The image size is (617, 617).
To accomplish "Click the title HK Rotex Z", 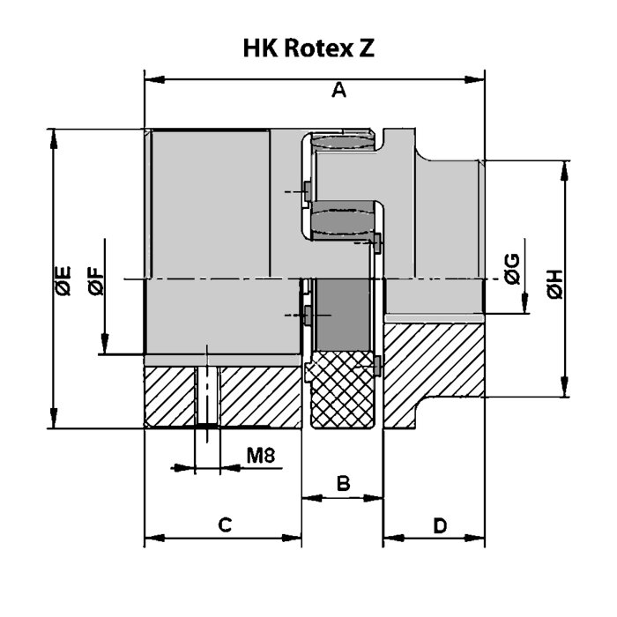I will tap(308, 48).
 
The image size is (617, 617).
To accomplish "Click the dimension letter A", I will tap(338, 89).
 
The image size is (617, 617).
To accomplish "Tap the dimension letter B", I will tap(344, 483).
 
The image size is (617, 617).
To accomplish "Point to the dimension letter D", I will tap(440, 525).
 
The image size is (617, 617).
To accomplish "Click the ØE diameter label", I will tap(63, 280).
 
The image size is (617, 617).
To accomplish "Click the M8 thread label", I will tap(262, 456).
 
